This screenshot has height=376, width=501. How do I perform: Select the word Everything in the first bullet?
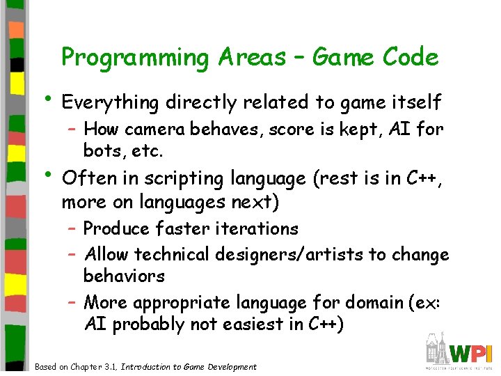pos(111,103)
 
